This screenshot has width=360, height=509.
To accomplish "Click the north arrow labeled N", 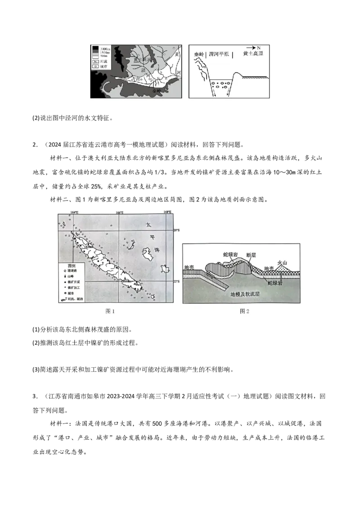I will [254, 48].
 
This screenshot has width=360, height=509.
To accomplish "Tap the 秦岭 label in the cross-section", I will [199, 54].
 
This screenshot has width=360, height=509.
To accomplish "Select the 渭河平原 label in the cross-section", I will [219, 54].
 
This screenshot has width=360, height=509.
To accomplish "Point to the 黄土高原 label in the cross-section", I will [252, 54].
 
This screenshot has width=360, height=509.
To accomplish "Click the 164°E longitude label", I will [74, 212].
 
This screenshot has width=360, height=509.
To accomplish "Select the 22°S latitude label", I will [176, 281].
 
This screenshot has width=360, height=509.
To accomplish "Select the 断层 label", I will [252, 254].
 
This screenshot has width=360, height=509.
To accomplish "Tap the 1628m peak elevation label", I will [89, 247].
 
